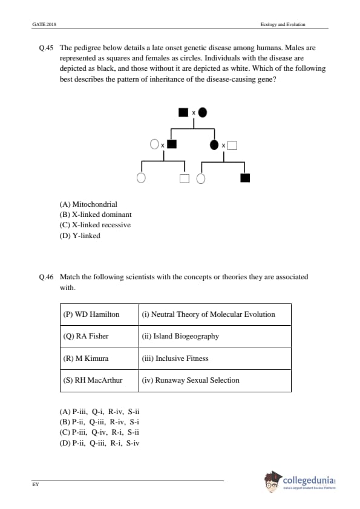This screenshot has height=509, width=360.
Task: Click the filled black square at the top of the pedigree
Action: point(183,112)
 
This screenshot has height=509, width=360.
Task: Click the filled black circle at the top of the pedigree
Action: point(203,112)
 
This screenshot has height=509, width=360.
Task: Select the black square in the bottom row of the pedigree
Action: point(245,178)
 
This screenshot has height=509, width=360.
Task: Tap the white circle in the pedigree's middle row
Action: point(154,144)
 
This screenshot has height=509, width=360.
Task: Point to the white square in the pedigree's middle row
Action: point(232,146)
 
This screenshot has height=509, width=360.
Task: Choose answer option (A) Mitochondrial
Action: point(88,204)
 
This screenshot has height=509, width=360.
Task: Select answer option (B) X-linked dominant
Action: point(96,215)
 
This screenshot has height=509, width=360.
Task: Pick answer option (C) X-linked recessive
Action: point(95,225)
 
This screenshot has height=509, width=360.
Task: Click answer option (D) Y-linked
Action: point(80,236)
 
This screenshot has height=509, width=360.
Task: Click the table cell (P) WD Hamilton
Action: point(99,314)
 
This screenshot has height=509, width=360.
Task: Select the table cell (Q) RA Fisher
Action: point(99,337)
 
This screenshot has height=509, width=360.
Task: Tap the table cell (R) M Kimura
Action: point(99,358)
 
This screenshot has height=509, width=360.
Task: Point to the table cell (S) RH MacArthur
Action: point(99,380)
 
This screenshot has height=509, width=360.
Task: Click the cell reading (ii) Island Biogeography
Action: point(215,337)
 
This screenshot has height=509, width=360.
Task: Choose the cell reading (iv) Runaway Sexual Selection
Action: point(215,380)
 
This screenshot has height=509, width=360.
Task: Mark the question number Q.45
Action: point(46,48)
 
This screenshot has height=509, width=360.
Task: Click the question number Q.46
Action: point(46,277)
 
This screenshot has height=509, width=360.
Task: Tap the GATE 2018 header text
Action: point(44,24)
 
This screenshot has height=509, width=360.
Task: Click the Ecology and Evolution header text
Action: point(283,24)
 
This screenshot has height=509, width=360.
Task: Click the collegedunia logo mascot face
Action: point(272,482)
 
